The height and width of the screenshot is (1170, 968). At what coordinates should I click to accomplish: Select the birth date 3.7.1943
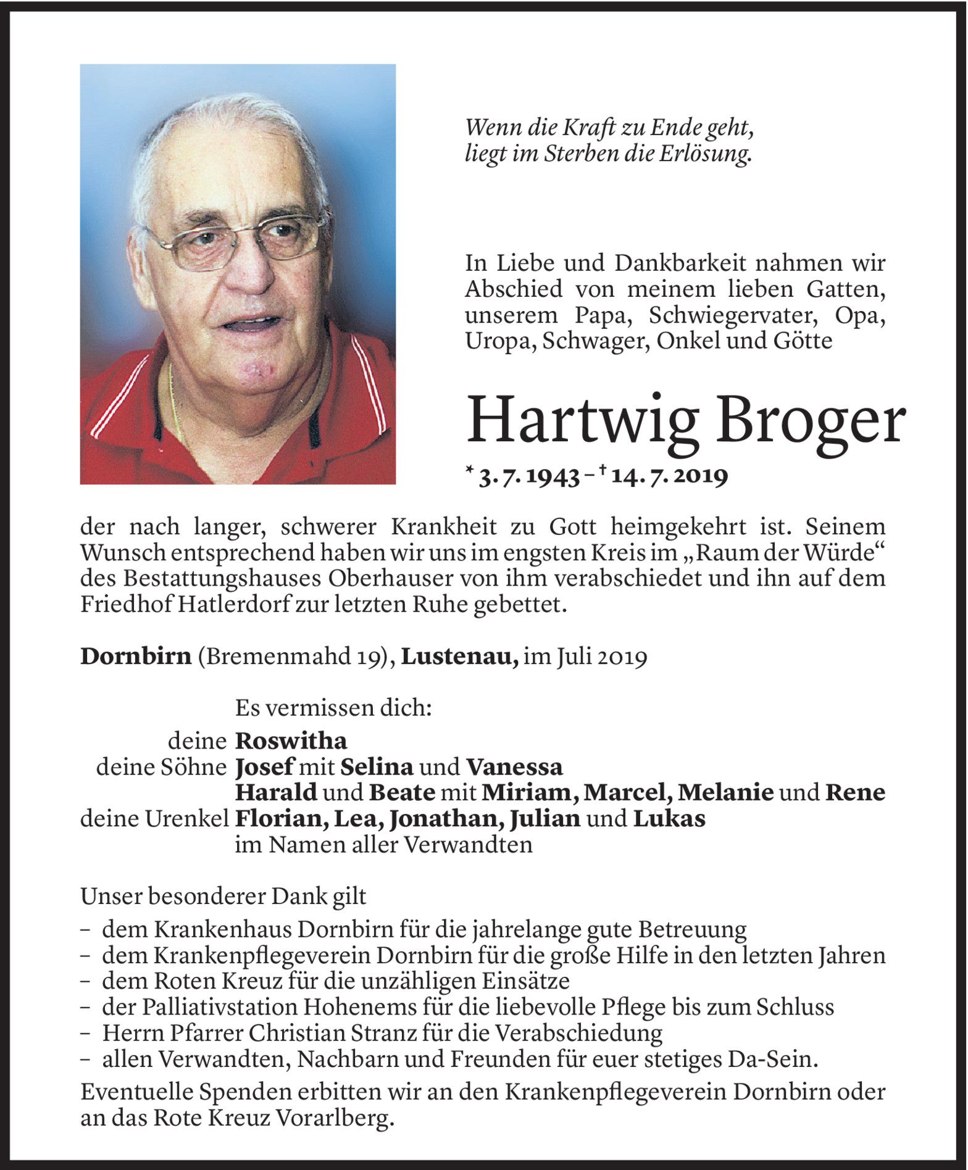click(x=529, y=476)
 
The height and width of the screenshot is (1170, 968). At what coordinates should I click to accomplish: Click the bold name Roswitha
click(x=291, y=741)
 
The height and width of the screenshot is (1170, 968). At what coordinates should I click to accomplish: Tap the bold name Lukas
click(x=669, y=819)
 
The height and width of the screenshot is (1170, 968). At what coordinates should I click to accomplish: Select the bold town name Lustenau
click(x=459, y=657)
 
